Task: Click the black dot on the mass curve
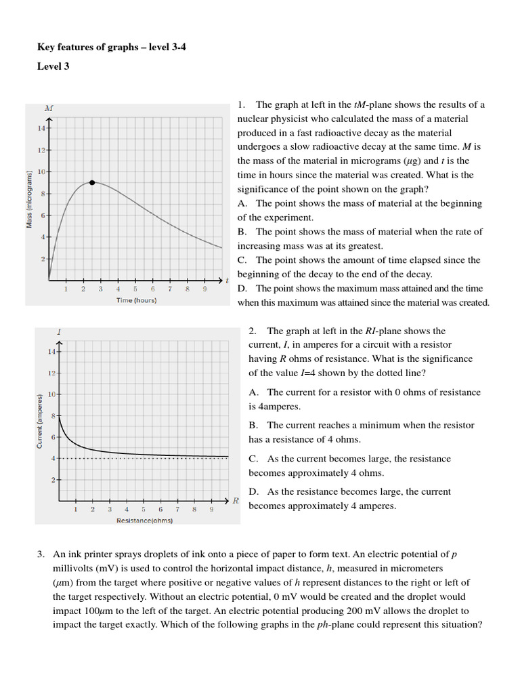pyautogui.click(x=92, y=182)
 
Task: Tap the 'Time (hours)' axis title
pyautogui.click(x=136, y=300)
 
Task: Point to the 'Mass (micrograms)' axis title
pyautogui.click(x=30, y=200)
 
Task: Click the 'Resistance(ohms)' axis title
pyautogui.click(x=144, y=520)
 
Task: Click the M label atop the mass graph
pyautogui.click(x=49, y=108)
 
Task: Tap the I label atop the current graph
pyautogui.click(x=60, y=331)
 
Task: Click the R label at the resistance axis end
pyautogui.click(x=236, y=501)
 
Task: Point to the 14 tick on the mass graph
pyautogui.click(x=41, y=128)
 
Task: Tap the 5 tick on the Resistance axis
pyautogui.click(x=144, y=510)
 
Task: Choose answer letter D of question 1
pyautogui.click(x=242, y=289)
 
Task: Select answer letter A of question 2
pyautogui.click(x=253, y=392)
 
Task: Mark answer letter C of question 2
pyautogui.click(x=253, y=459)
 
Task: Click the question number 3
pyautogui.click(x=41, y=554)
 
